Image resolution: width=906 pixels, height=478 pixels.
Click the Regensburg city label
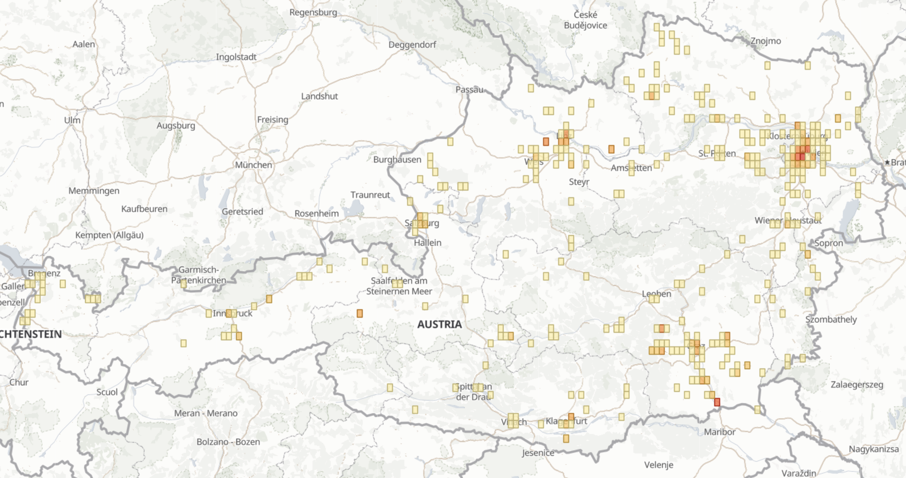tap(313, 12)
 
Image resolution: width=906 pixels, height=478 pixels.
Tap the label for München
tap(253, 165)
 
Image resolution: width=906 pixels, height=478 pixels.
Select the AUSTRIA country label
tap(439, 324)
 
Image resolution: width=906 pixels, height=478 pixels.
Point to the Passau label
tap(469, 89)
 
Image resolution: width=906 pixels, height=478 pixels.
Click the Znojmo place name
tap(765, 41)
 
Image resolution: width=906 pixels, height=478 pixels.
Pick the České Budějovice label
tap(585, 20)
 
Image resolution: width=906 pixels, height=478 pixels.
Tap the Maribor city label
tap(719, 431)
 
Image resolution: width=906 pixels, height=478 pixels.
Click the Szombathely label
tap(830, 320)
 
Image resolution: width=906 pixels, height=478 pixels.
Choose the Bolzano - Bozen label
tap(228, 442)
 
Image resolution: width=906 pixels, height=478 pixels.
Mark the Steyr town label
tap(579, 182)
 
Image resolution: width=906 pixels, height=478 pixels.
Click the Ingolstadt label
tap(236, 57)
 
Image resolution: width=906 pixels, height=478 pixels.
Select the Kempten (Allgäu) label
tap(109, 235)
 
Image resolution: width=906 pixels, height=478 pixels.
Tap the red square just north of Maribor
tap(717, 402)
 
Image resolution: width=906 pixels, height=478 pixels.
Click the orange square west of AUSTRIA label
tap(359, 313)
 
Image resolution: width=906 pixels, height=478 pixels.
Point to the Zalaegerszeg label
tap(857, 384)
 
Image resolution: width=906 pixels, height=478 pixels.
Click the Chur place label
tap(19, 382)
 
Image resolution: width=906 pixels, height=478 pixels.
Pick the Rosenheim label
tap(316, 213)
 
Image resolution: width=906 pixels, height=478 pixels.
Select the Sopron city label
tap(828, 243)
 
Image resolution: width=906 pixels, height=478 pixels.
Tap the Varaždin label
tap(799, 473)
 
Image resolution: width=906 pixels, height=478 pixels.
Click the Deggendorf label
tap(412, 44)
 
